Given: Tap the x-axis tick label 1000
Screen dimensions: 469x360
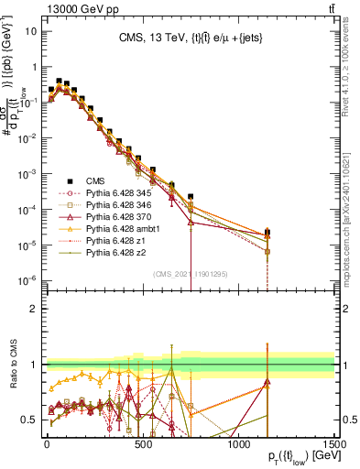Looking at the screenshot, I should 239,443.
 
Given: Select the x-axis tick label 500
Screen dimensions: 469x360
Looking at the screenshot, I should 143,443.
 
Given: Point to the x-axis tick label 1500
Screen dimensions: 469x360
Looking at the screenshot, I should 334,443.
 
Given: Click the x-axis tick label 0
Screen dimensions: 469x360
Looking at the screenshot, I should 47,443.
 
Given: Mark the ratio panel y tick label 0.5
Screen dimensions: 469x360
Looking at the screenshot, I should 32,420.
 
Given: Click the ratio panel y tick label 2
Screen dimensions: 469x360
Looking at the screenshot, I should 35,308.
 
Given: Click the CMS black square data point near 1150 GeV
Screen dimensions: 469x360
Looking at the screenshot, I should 267,233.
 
